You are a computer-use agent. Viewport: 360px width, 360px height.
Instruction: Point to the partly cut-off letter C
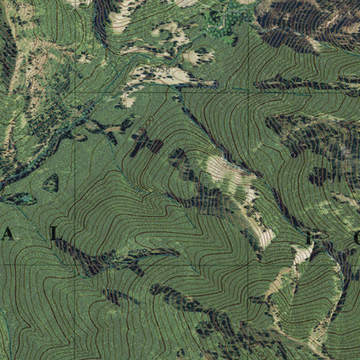tap(355, 238)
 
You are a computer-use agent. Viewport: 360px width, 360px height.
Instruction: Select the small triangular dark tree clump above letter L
tap(50, 183)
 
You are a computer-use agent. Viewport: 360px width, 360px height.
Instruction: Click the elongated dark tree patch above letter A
tap(18, 199)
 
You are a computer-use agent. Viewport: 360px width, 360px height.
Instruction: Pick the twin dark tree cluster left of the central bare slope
tap(144, 141)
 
